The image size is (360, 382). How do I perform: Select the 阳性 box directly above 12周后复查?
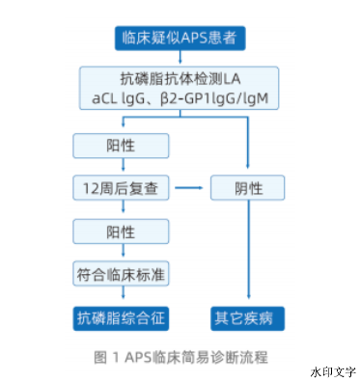click(x=121, y=144)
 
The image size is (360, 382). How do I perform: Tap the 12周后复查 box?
click(x=121, y=187)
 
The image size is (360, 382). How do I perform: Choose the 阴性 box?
click(x=249, y=187)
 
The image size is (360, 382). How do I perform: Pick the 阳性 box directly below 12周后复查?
click(x=121, y=232)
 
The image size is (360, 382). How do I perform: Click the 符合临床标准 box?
click(x=121, y=274)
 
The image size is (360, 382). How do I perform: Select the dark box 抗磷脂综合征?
click(x=121, y=315)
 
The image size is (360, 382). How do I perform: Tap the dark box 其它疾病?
click(x=249, y=315)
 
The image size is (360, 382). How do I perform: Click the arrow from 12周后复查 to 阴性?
click(x=194, y=187)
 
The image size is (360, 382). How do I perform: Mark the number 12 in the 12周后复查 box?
click(x=93, y=187)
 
